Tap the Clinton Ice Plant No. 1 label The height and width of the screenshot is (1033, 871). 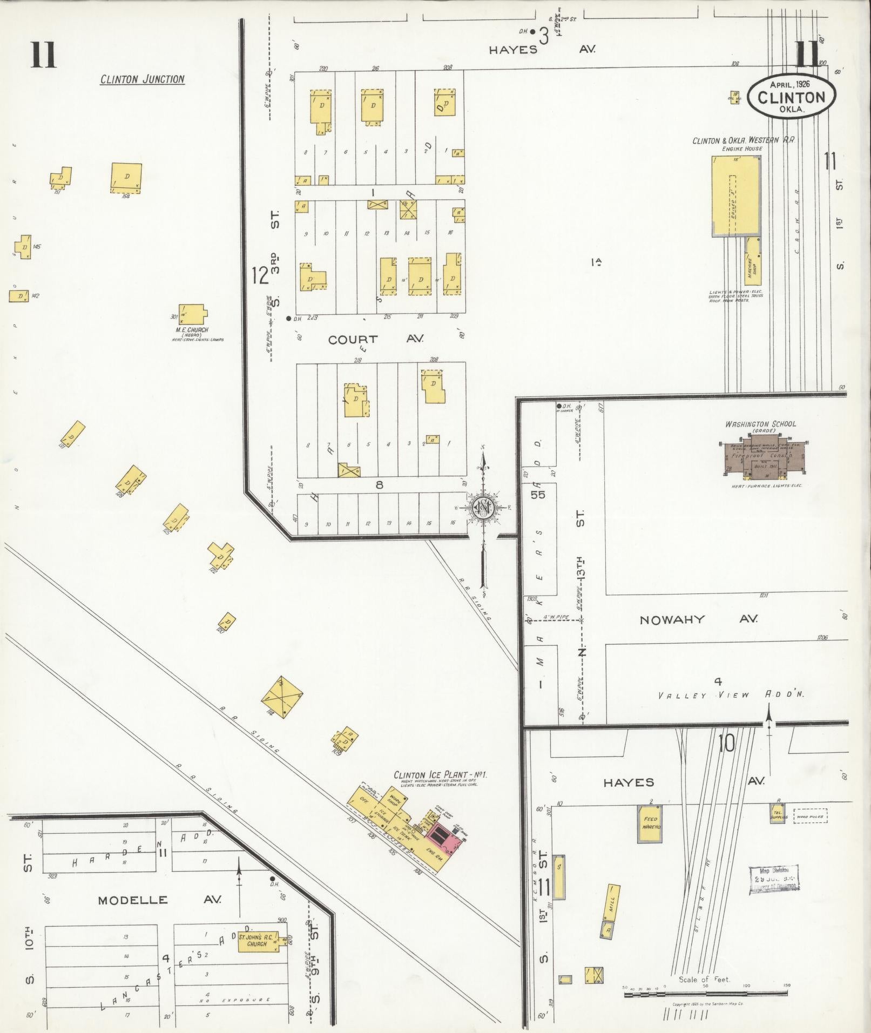[440, 775]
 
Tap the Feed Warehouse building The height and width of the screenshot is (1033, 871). [650, 823]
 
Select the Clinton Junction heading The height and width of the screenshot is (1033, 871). [143, 79]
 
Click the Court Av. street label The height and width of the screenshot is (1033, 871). [376, 339]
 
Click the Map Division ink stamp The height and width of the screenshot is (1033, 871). [774, 879]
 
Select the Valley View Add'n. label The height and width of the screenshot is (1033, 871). [731, 695]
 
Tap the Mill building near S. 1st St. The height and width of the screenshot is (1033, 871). [612, 904]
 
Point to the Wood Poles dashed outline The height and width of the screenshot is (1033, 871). [811, 816]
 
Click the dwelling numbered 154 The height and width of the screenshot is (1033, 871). [126, 177]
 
